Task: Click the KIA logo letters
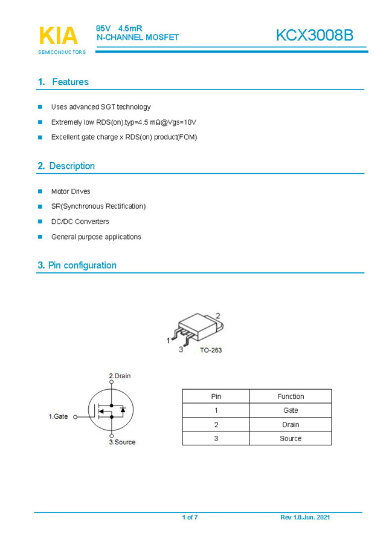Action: click(x=59, y=36)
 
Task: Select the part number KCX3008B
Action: click(x=314, y=36)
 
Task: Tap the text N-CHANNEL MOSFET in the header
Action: click(x=138, y=38)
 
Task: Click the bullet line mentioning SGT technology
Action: click(x=101, y=107)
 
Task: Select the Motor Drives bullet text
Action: click(x=71, y=191)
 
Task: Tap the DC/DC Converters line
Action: click(x=80, y=222)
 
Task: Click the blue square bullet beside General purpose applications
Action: click(x=40, y=237)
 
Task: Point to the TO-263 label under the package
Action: click(x=210, y=350)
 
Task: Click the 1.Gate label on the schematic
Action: click(x=59, y=416)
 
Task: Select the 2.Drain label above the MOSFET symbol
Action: click(x=120, y=376)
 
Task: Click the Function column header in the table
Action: click(x=291, y=396)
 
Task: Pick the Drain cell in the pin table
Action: click(x=291, y=424)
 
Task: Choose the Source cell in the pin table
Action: click(x=291, y=438)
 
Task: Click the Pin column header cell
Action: click(x=216, y=396)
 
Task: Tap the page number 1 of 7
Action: click(x=190, y=517)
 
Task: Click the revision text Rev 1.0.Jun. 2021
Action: click(x=305, y=517)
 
